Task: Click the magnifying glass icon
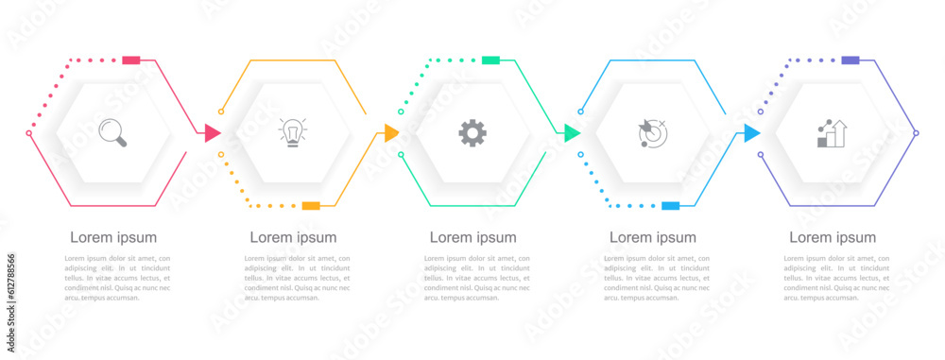pos(113,132)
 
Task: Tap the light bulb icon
pos(293,132)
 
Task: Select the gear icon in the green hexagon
pos(472,132)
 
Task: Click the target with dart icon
pos(652,133)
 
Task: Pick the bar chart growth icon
pos(832,133)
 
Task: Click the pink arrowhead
pos(213,133)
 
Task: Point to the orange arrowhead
pos(391,133)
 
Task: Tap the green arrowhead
pos(572,133)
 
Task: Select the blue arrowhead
pos(751,133)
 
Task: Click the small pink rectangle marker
pos(131,60)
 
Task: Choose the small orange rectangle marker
pos(311,205)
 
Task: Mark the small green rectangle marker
pos(490,60)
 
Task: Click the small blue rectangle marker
pos(671,205)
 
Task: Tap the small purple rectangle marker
pos(850,60)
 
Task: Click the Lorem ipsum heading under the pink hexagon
pos(113,237)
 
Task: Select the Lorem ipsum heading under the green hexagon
pos(472,237)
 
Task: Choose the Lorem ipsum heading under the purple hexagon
pos(833,237)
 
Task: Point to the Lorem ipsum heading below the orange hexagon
pos(293,237)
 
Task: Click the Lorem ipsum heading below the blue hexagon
pos(653,237)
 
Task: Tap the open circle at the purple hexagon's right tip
pos(916,133)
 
